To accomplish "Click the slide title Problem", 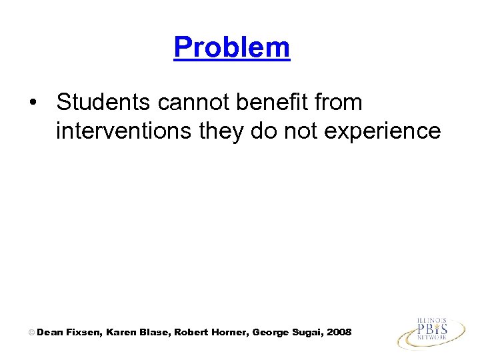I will [231, 47].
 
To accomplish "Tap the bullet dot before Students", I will [33, 103].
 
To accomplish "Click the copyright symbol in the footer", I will [31, 332].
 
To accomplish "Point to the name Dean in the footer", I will [49, 332].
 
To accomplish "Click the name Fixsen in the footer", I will [83, 332].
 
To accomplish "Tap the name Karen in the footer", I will [121, 332].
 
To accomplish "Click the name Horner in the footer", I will [230, 332].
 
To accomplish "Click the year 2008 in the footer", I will [339, 332].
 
